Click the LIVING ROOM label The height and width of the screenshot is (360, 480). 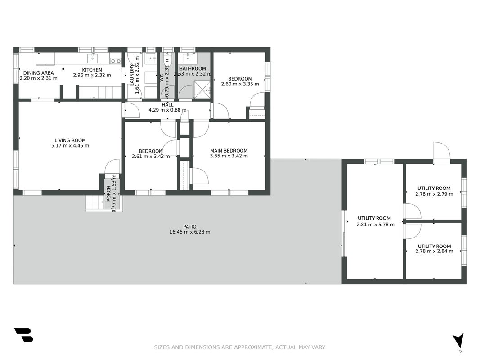(x=70, y=140)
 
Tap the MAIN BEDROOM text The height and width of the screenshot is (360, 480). (x=229, y=151)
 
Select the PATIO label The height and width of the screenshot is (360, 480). (x=190, y=227)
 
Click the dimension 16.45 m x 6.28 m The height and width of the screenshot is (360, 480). (x=190, y=232)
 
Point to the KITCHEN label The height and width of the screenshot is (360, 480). (x=92, y=70)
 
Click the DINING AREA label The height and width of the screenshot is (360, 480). (x=39, y=73)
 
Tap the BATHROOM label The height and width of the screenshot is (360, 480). (x=193, y=68)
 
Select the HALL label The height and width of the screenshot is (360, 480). (x=167, y=105)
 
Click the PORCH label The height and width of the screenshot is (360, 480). (x=108, y=193)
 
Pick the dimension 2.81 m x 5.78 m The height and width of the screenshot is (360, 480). (x=375, y=225)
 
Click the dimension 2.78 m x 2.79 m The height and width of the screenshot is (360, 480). (x=434, y=194)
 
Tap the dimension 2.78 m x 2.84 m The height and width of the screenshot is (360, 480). (x=434, y=252)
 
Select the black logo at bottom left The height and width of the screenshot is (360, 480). (x=23, y=335)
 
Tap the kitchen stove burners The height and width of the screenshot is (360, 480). (x=116, y=61)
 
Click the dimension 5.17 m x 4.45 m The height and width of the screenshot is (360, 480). (x=70, y=146)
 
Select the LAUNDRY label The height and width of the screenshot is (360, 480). (x=132, y=75)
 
